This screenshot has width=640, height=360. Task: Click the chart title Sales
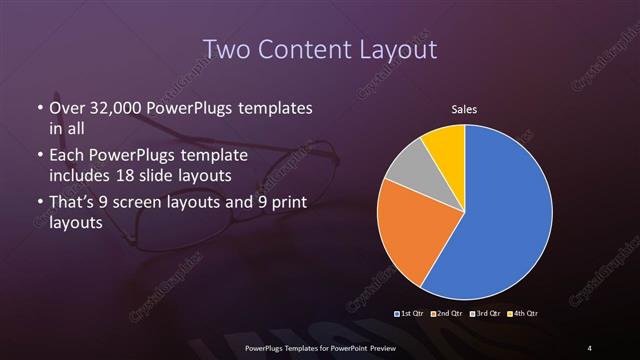[465, 107]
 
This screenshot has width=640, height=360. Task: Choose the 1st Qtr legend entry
[409, 314]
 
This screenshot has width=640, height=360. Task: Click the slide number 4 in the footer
[589, 347]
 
